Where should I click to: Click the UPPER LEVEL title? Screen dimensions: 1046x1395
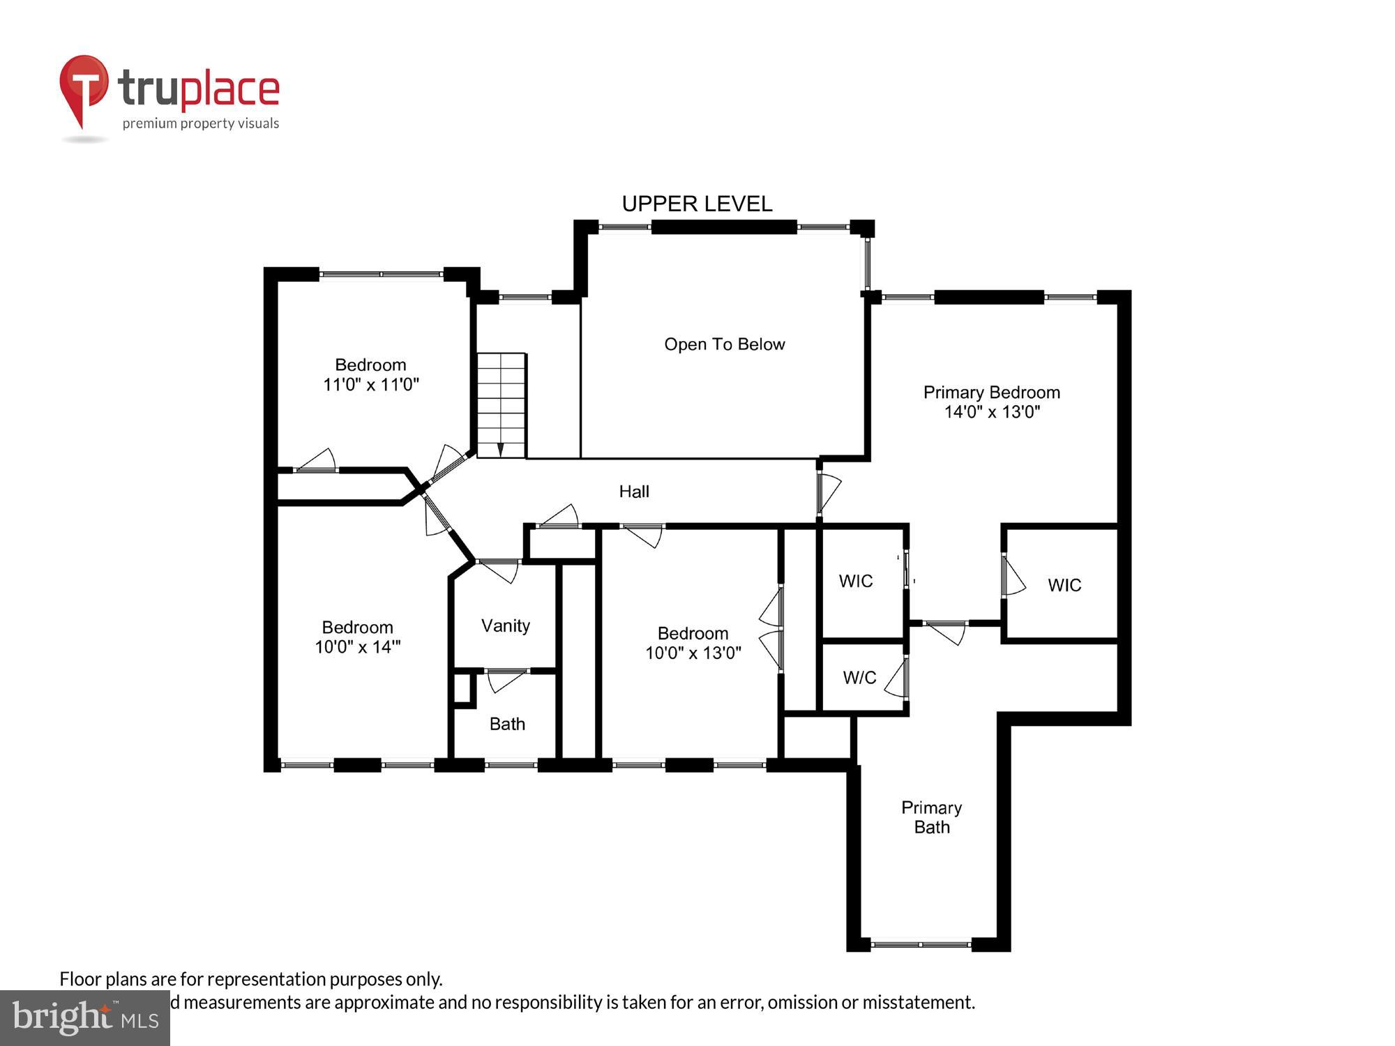point(697,204)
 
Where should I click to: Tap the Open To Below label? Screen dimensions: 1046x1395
point(724,344)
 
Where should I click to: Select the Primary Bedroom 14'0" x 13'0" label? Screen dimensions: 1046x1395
point(991,402)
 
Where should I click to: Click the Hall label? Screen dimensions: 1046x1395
point(634,492)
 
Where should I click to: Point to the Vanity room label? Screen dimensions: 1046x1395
point(505,626)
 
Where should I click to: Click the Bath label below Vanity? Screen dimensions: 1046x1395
point(507,724)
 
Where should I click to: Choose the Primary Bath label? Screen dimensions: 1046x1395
point(931,817)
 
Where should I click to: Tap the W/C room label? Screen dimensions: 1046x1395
point(859,677)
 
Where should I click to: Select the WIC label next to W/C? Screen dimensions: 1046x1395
point(856,581)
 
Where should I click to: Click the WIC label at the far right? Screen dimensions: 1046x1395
point(1064,585)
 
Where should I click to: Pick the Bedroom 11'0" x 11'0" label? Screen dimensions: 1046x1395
point(370,374)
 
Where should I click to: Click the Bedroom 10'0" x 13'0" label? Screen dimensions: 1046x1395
point(693,643)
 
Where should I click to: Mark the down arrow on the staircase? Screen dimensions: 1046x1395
point(500,448)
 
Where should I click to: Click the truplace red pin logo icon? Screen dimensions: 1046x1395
point(84,87)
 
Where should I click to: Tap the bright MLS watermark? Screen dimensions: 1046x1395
point(85,1018)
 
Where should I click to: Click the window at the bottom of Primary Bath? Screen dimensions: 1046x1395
point(921,944)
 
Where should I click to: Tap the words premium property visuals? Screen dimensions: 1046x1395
point(201,124)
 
